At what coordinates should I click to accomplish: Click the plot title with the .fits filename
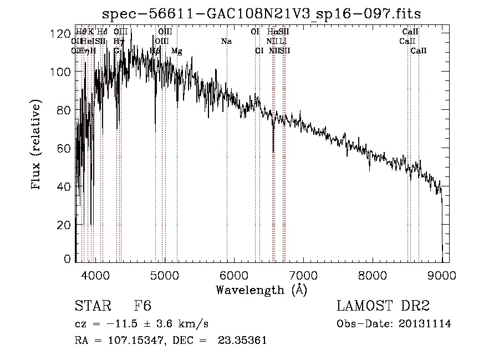[262, 14]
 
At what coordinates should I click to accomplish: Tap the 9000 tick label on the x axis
[442, 275]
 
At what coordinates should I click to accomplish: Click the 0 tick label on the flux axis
[66, 258]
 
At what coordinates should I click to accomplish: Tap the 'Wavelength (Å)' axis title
[261, 290]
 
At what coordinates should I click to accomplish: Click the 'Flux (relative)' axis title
[37, 145]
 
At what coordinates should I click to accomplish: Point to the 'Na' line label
[226, 42]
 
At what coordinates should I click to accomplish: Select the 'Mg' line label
[176, 51]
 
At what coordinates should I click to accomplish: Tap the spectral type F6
[142, 306]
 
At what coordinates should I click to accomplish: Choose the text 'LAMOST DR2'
[384, 306]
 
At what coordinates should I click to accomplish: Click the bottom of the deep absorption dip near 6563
[273, 151]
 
